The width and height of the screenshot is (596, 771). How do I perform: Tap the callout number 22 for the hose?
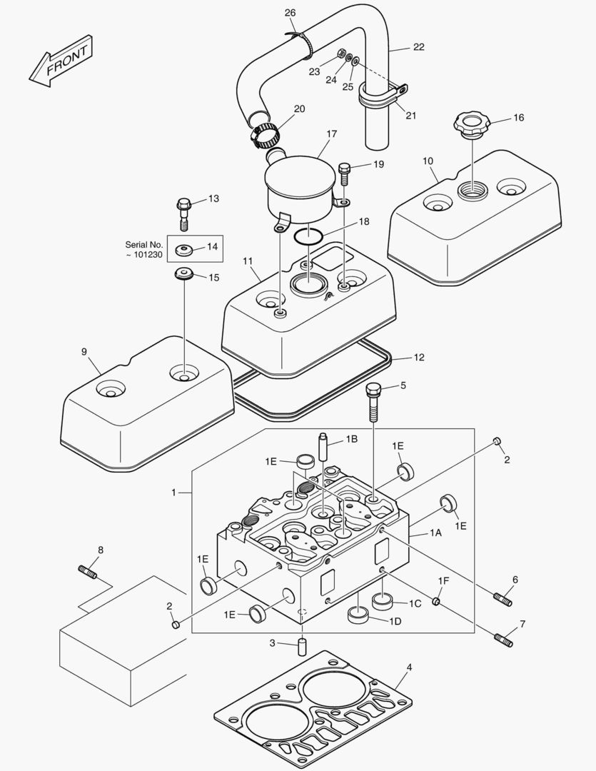(x=418, y=47)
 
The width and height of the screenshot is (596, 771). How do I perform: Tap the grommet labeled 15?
(x=185, y=275)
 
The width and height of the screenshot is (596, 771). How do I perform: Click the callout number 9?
(x=84, y=351)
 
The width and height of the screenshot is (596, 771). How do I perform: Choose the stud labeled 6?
(x=502, y=598)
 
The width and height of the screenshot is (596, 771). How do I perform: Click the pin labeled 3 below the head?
(x=301, y=647)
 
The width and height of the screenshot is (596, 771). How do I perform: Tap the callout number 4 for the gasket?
(x=409, y=667)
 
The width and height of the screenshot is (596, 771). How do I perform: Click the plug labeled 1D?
(x=357, y=615)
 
